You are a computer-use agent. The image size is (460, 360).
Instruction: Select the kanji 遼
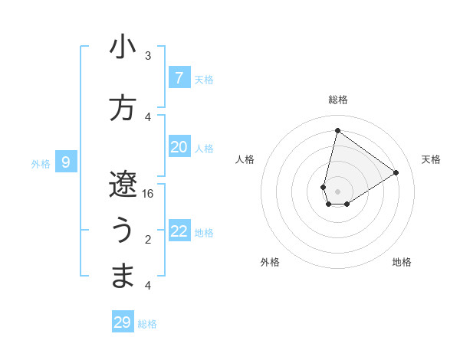[123, 184]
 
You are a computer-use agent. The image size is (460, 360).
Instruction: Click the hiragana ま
[123, 277]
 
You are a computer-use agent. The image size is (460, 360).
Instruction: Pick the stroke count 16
[148, 194]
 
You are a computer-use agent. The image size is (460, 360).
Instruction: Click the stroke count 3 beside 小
[148, 56]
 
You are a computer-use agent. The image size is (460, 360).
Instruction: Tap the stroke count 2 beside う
[148, 240]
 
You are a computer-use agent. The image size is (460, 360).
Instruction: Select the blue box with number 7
[179, 77]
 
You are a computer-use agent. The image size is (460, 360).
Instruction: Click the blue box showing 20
[179, 147]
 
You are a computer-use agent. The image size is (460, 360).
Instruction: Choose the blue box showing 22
[179, 231]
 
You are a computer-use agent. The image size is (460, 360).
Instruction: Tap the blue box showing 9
[66, 162]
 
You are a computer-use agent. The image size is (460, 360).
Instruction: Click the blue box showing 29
[123, 322]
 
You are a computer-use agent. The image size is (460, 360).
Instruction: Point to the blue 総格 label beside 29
[148, 324]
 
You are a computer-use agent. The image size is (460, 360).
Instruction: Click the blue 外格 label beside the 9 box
[41, 163]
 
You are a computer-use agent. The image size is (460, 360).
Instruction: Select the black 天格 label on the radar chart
[431, 159]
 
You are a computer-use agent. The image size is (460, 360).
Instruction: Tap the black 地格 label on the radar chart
[402, 262]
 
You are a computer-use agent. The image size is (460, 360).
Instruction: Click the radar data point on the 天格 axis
[396, 173]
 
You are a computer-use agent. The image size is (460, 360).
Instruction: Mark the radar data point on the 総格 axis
[337, 130]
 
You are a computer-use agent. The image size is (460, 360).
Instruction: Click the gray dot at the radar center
[337, 191]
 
